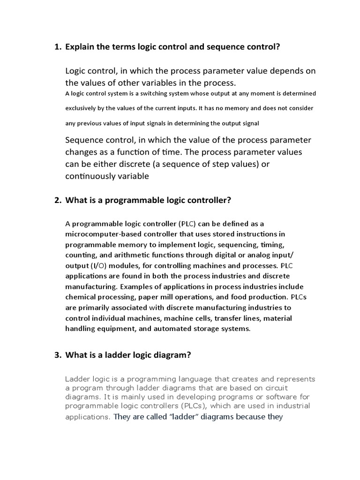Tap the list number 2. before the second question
(58, 201)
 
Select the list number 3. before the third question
(58, 355)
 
